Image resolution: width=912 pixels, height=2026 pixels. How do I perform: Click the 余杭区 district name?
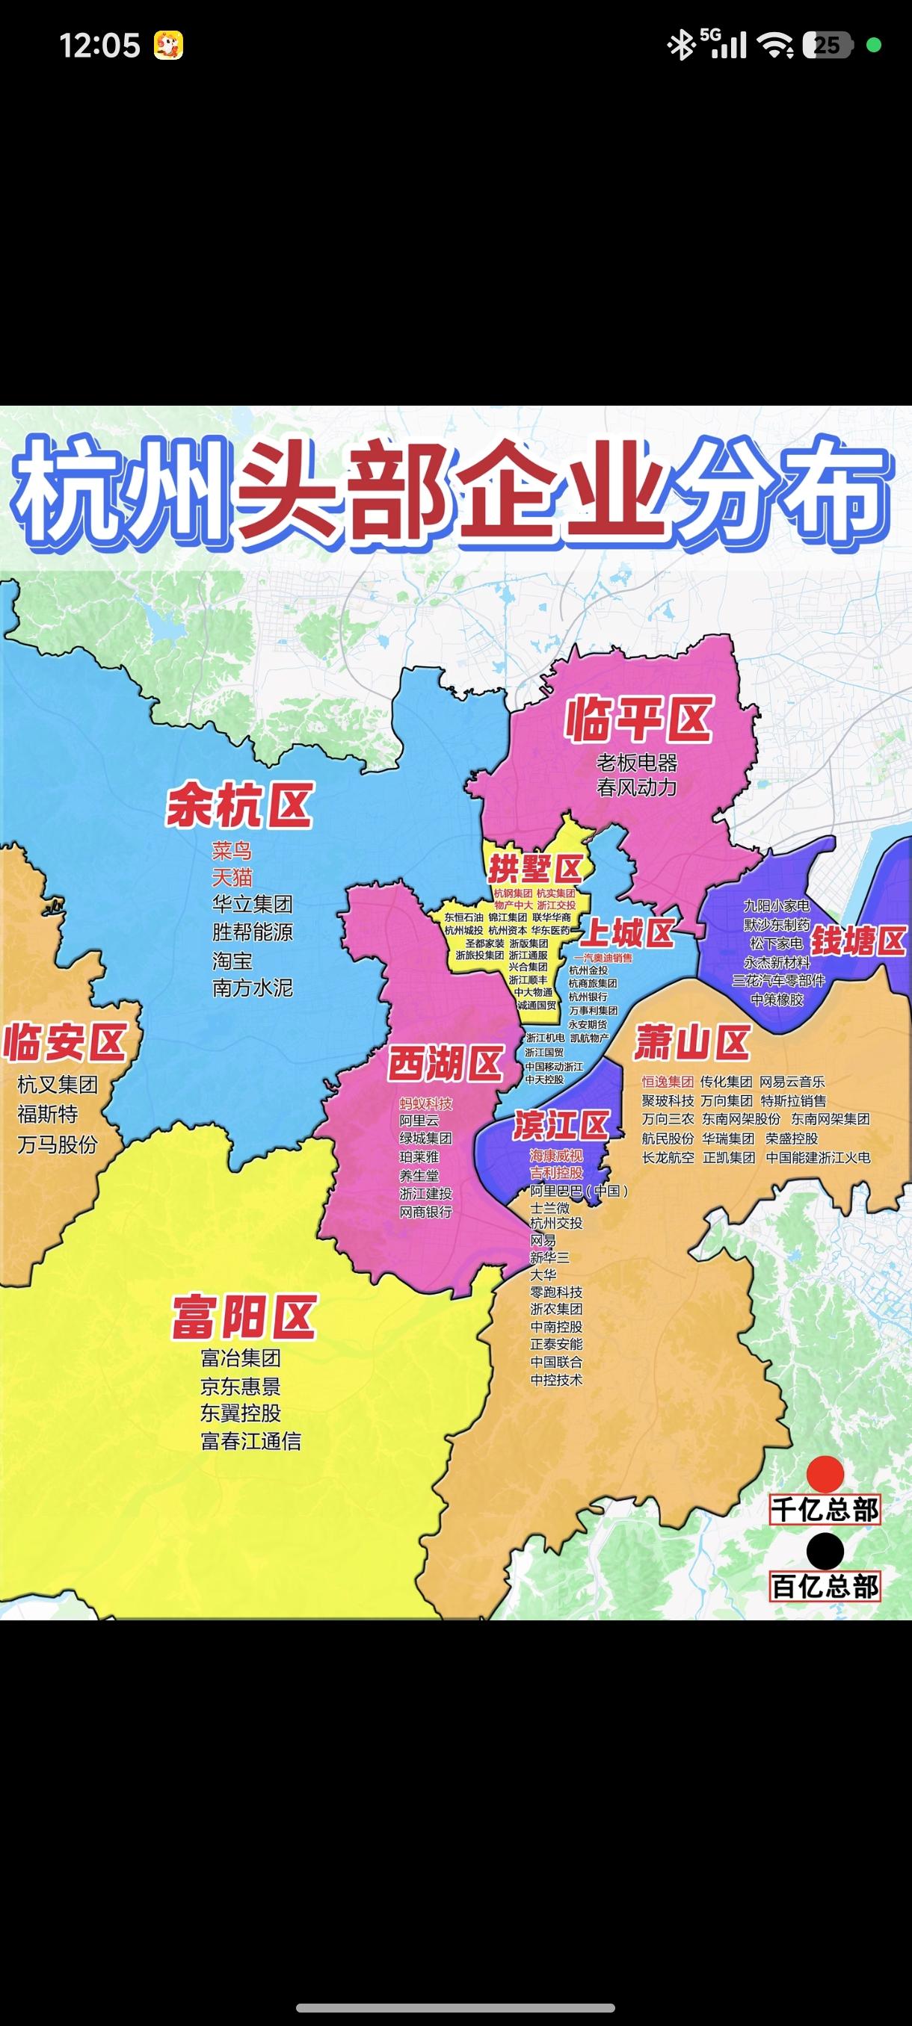239,805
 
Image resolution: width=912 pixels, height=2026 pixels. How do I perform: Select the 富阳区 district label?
244,1318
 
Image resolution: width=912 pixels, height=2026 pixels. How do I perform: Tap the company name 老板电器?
637,762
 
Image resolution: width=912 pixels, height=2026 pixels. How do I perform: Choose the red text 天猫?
232,877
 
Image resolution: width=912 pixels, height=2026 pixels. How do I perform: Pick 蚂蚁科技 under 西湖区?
425,1103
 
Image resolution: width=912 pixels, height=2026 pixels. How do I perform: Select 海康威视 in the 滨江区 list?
556,1156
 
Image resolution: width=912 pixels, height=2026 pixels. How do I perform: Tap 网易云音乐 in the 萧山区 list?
792,1082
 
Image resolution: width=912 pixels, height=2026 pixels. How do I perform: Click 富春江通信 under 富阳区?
251,1441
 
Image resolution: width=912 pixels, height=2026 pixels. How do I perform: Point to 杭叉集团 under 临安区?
58,1085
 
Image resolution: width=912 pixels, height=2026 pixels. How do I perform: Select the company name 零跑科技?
556,1292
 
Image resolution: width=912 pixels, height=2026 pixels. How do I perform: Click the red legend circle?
825,1474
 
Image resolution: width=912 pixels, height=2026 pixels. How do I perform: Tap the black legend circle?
825,1550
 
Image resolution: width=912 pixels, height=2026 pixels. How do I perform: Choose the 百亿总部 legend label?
825,1586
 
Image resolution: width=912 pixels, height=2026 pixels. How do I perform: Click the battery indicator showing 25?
826,46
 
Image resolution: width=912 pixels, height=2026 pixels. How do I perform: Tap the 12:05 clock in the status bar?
100,46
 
